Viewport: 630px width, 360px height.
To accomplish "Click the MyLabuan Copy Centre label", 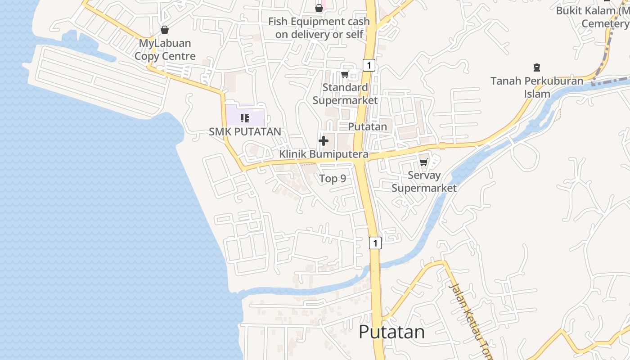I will (x=165, y=49).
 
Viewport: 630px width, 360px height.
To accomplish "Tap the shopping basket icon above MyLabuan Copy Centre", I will (x=165, y=30).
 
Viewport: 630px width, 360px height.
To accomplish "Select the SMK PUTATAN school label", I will (x=245, y=131).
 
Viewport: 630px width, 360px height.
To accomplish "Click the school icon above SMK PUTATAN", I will (x=245, y=118).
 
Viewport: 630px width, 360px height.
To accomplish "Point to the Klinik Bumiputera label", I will (x=324, y=154).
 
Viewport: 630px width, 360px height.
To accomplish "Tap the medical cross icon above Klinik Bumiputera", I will (x=323, y=141).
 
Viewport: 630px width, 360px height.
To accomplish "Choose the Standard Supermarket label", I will (x=345, y=94).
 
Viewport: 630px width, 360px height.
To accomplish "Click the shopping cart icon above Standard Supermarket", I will (x=345, y=74).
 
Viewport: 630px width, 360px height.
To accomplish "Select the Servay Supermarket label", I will (x=424, y=181).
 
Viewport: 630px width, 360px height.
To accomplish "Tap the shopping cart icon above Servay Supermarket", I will (x=423, y=162).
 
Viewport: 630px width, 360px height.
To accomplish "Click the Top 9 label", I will (x=333, y=179).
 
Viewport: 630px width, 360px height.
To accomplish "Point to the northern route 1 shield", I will (x=369, y=65).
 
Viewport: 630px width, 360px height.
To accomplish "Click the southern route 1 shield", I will (x=375, y=243).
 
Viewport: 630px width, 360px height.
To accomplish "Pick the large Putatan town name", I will (x=391, y=332).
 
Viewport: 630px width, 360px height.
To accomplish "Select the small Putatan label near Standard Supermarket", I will (x=367, y=126).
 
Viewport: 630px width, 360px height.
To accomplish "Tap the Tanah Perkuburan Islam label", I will (x=537, y=87).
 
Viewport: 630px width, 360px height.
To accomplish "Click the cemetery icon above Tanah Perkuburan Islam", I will (x=536, y=67).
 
